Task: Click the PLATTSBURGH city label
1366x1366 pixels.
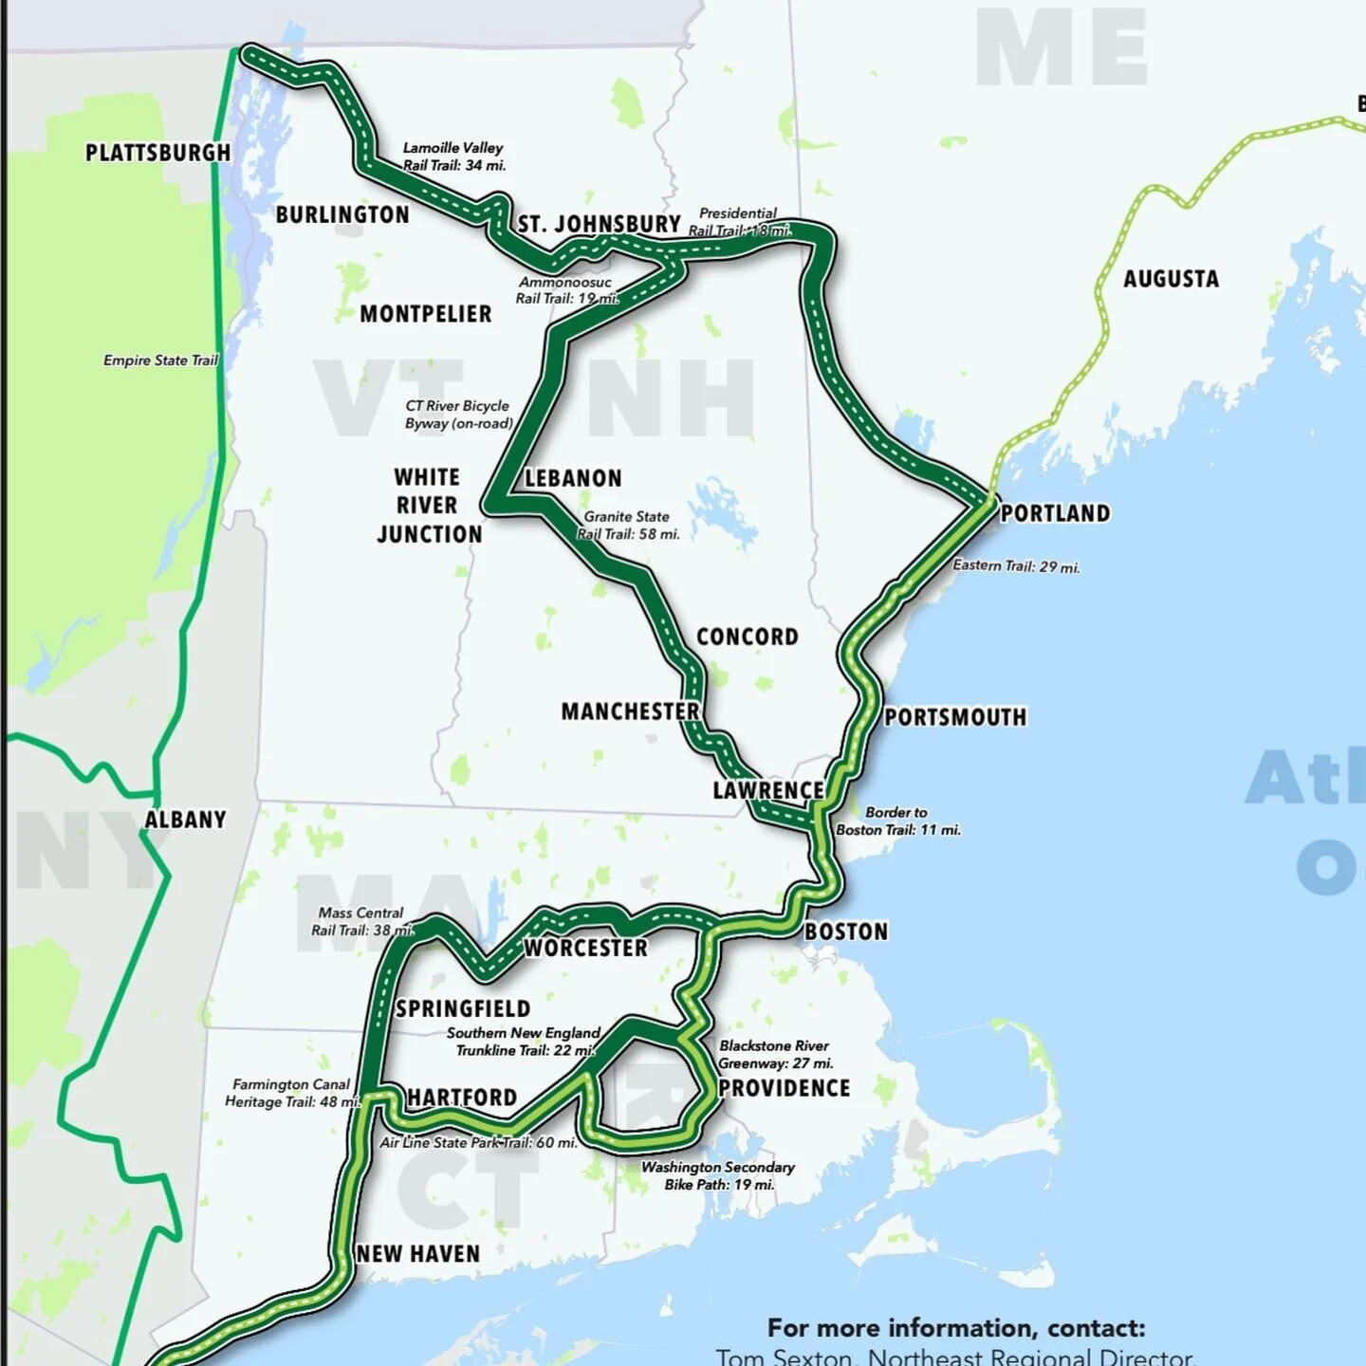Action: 157,153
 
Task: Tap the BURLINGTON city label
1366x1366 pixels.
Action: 342,215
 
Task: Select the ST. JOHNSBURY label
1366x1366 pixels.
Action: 599,225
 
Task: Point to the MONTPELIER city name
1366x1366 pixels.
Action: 425,314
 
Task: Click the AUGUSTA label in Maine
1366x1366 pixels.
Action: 1171,279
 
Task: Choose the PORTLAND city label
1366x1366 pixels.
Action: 1055,513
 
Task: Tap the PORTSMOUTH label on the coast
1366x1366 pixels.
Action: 955,717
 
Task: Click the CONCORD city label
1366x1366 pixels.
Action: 748,637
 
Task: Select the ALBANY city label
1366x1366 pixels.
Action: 185,820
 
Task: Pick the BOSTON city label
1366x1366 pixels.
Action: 846,932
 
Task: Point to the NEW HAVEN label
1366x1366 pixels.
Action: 418,1254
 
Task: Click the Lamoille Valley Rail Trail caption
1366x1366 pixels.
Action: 453,157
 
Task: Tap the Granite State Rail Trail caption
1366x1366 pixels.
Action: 628,526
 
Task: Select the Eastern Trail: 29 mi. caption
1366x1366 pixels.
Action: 1016,566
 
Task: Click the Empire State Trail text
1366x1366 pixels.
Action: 160,360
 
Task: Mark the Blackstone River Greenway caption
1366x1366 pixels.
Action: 775,1054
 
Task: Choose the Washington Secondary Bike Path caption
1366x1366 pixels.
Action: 718,1175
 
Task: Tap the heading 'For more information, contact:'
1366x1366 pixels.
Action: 956,1328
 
